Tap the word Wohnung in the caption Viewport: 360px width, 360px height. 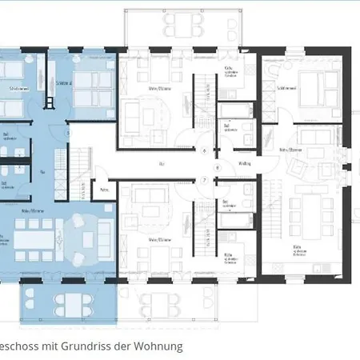(158, 346)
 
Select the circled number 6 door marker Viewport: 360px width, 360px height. (205, 150)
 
